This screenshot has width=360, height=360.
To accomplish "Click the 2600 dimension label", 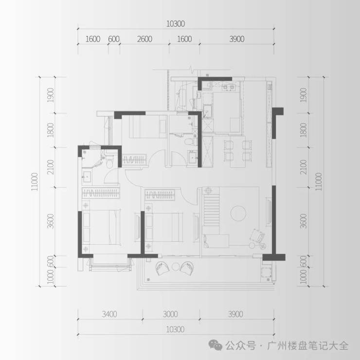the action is coord(144,39).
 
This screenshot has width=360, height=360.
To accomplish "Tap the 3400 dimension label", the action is coord(109,314).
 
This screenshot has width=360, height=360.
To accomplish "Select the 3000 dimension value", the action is coord(170,314).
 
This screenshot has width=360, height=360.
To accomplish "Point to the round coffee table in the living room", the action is coord(238,213).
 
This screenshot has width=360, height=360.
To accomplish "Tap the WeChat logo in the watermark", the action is coord(215,345).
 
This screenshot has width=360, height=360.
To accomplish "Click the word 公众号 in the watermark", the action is coord(240,345).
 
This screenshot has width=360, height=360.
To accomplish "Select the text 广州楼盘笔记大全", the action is coord(307,345).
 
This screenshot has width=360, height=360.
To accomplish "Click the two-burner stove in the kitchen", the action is coord(228,87).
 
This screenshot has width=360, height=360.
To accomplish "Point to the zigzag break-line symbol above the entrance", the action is coord(192,70).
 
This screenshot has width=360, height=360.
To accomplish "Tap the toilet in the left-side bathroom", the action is coord(109,162).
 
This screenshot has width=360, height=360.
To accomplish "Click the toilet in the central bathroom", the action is coord(190,141).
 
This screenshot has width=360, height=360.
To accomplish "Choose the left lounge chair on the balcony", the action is coord(162,268).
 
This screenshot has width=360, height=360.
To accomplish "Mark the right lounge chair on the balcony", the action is coord(187,268).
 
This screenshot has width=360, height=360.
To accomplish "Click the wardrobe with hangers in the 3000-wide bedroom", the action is coord(160,195).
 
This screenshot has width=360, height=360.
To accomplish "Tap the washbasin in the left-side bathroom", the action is coord(87,177).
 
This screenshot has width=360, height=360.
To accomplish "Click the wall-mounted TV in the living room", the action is coord(268,212).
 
